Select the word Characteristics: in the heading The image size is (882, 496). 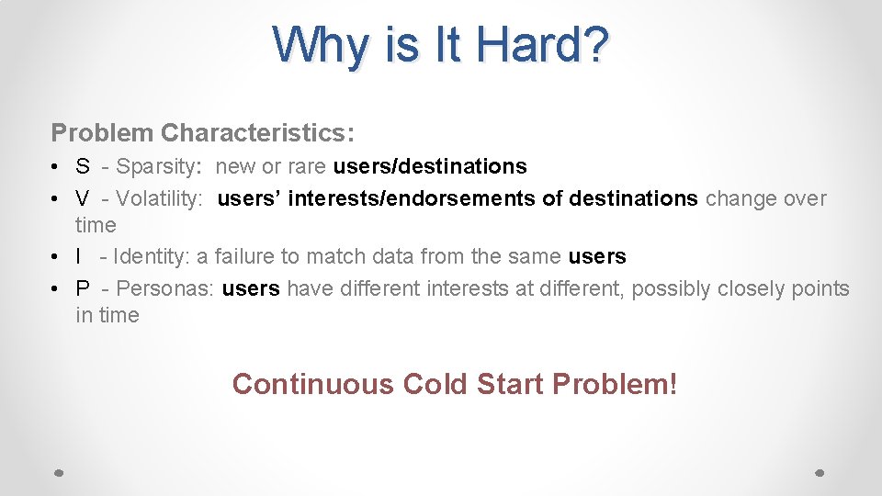point(257,132)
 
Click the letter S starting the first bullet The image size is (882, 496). point(83,166)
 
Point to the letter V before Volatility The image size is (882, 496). point(83,198)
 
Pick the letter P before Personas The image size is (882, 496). point(83,288)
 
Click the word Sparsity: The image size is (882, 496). point(159,166)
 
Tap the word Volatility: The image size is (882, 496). point(159,198)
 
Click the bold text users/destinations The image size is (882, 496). point(430,166)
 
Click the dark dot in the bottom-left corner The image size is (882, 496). point(58,472)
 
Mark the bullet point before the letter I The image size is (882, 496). point(56,257)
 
